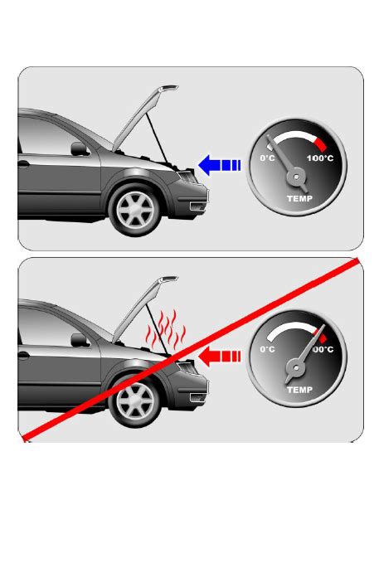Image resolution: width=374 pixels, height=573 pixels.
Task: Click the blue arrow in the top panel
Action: (x=220, y=165)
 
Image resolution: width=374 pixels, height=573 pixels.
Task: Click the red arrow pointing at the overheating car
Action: (x=220, y=357)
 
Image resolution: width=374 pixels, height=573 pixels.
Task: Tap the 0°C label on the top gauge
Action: (x=267, y=158)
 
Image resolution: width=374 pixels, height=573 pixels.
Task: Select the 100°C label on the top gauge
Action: (x=320, y=158)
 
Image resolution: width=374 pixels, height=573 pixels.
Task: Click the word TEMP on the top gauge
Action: (x=300, y=198)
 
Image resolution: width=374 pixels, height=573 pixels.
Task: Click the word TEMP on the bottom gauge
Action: (x=300, y=390)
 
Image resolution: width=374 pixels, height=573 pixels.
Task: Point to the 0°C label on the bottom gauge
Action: (x=267, y=349)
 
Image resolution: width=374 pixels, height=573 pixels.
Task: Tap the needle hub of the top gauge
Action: (x=296, y=177)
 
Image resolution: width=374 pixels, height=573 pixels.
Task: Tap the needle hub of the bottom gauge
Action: (x=296, y=367)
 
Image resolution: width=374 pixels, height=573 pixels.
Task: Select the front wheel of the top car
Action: (x=135, y=210)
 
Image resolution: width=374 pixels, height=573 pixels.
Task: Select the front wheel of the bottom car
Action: (x=135, y=401)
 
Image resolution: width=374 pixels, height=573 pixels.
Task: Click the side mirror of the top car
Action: (x=80, y=148)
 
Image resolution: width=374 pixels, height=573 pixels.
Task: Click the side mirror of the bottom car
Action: (x=80, y=340)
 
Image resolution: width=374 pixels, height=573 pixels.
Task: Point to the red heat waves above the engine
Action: (x=165, y=330)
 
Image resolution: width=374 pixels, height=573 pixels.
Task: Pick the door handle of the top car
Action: (x=23, y=164)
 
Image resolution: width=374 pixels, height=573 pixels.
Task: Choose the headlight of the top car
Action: (x=187, y=176)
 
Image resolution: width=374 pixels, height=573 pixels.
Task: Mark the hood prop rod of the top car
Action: (x=158, y=138)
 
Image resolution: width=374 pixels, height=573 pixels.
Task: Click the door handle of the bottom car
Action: (x=23, y=355)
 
